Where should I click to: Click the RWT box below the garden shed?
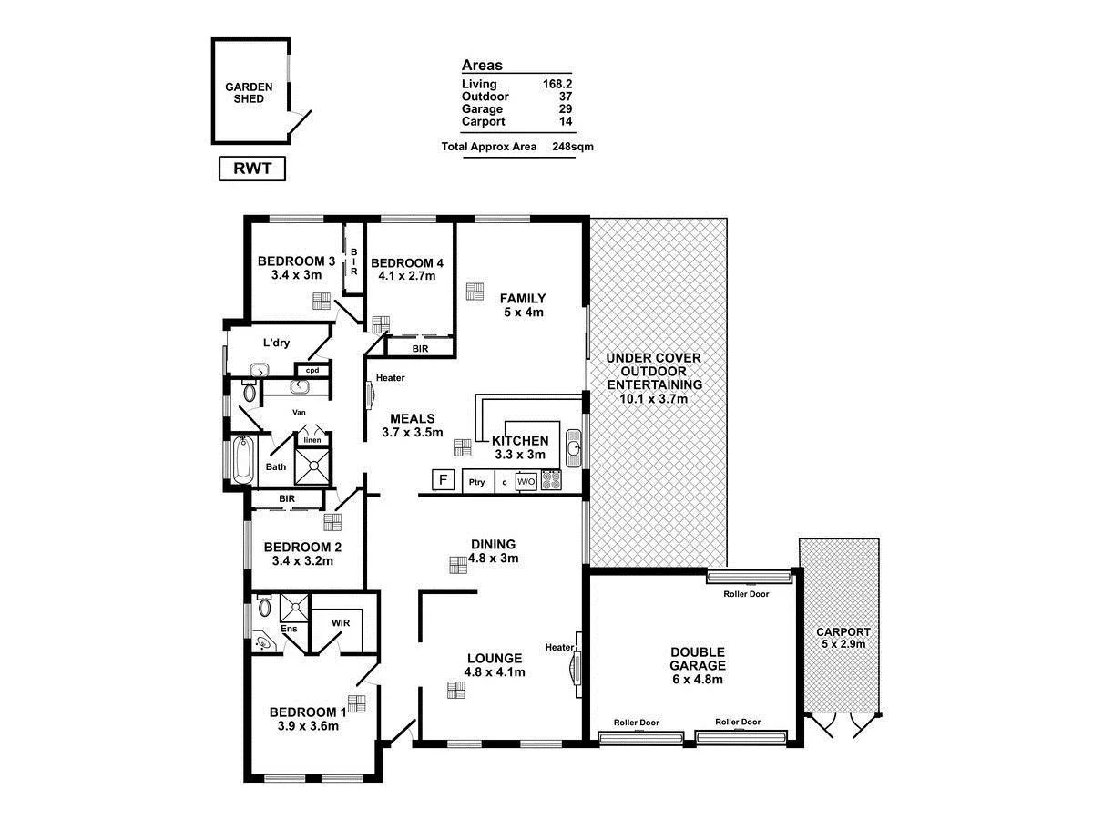tap(252, 169)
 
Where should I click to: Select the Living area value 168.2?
tap(557, 84)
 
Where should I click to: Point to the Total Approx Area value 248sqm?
tap(572, 146)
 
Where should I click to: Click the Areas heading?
tap(482, 66)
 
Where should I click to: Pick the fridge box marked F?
tap(444, 480)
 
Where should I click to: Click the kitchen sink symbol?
tap(573, 448)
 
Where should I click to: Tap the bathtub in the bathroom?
tap(242, 462)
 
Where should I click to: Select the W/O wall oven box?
tap(526, 481)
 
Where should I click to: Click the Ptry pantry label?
tap(475, 482)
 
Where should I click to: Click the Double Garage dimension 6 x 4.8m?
tap(698, 679)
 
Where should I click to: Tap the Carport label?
tap(843, 631)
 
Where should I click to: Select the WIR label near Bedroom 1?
tap(341, 623)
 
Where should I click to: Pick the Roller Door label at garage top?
tap(746, 594)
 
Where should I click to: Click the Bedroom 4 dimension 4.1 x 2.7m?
tap(407, 276)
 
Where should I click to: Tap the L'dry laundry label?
tap(276, 343)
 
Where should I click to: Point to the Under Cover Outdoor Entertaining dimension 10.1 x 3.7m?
tap(655, 397)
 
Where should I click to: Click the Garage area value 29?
tap(565, 108)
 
